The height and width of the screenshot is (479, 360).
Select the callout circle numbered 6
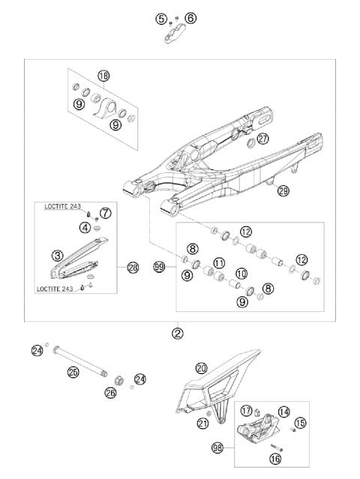pyautogui.click(x=190, y=17)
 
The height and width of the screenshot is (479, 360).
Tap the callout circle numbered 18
pyautogui.click(x=103, y=76)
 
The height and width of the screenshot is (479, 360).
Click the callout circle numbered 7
pyautogui.click(x=106, y=214)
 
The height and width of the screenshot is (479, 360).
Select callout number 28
pyautogui.click(x=133, y=266)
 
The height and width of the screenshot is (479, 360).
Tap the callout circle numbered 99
pyautogui.click(x=158, y=266)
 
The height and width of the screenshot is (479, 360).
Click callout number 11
pyautogui.click(x=219, y=263)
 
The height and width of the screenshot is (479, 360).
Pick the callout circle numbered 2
pyautogui.click(x=178, y=333)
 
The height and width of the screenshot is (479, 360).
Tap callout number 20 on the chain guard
pyautogui.click(x=201, y=368)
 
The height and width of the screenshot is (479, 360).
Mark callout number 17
pyautogui.click(x=246, y=411)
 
